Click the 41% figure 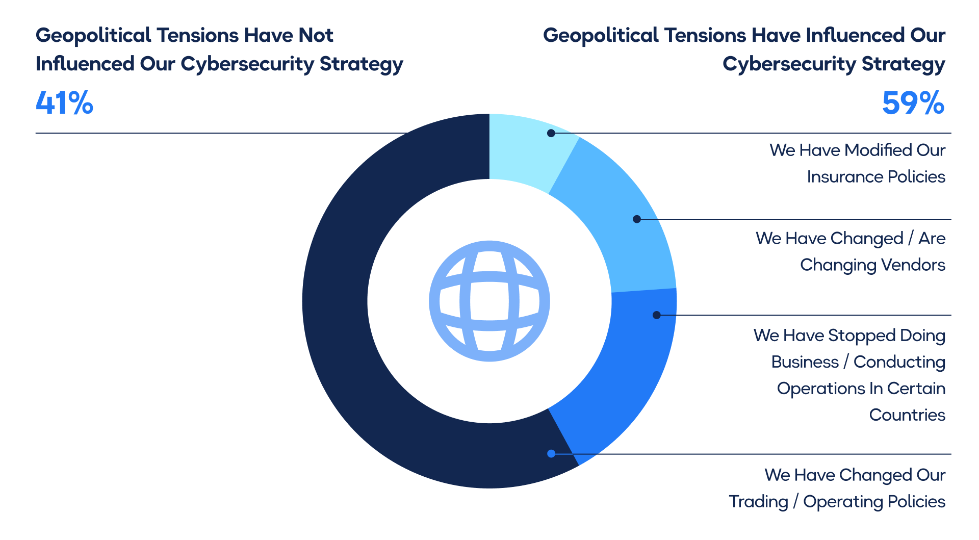click(65, 103)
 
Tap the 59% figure click(913, 103)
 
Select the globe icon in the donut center click(489, 301)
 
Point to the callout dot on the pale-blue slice click(551, 133)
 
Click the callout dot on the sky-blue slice click(636, 219)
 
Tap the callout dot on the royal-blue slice click(657, 315)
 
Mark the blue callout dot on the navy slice click(551, 454)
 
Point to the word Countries click(907, 415)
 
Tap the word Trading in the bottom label click(758, 502)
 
